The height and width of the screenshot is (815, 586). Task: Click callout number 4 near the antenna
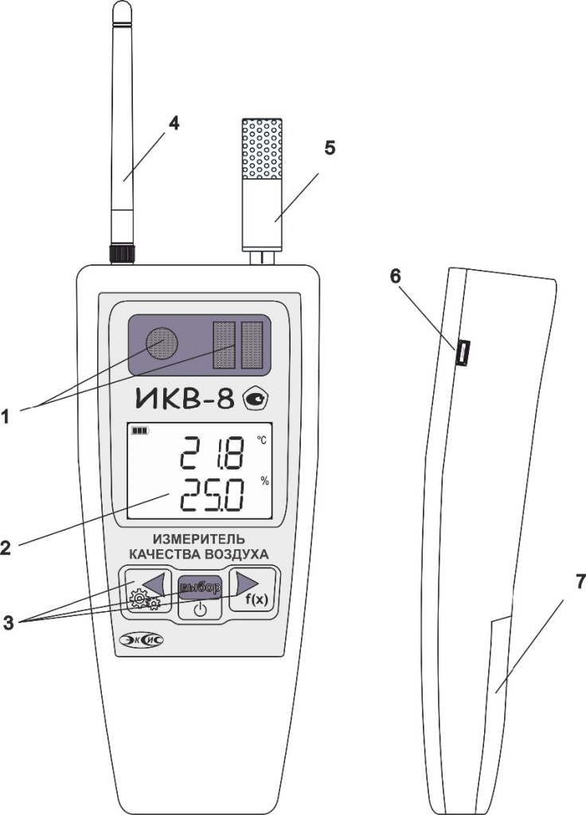pyautogui.click(x=174, y=123)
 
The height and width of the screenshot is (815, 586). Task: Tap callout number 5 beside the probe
pyautogui.click(x=330, y=148)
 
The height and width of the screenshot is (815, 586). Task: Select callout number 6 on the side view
pyautogui.click(x=396, y=276)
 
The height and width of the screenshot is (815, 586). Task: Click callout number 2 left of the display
pyautogui.click(x=6, y=548)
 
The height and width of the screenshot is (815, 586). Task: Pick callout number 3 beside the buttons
pyautogui.click(x=7, y=622)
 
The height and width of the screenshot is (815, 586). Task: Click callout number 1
pyautogui.click(x=6, y=416)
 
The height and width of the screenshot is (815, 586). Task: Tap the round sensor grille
pyautogui.click(x=161, y=343)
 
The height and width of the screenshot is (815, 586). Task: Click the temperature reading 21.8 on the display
pyautogui.click(x=211, y=452)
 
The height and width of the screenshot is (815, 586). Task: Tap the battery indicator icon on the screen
pyautogui.click(x=140, y=431)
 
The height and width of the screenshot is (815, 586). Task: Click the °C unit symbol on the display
pyautogui.click(x=261, y=440)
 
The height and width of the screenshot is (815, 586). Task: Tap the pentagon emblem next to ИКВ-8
pyautogui.click(x=256, y=400)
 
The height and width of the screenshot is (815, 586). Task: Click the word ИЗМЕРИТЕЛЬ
pyautogui.click(x=199, y=539)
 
